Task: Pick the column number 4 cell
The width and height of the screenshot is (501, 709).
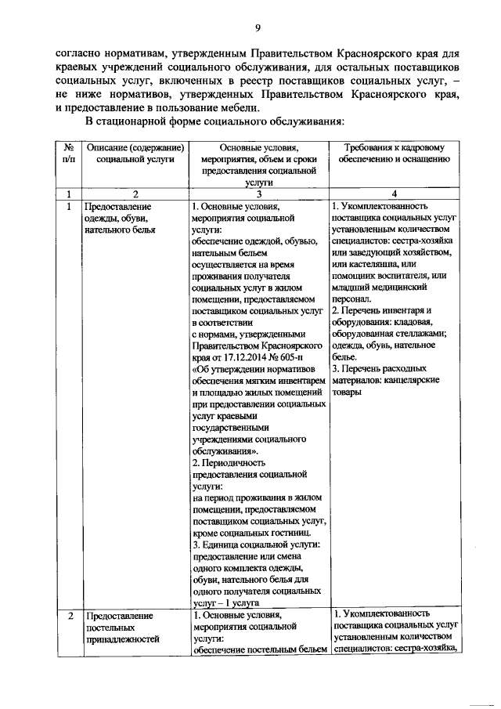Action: (x=393, y=194)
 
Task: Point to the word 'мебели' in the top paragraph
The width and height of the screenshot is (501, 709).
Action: (x=234, y=107)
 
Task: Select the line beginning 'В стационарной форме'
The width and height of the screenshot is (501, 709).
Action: (x=214, y=123)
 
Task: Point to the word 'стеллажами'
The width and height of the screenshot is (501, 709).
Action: (x=419, y=333)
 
